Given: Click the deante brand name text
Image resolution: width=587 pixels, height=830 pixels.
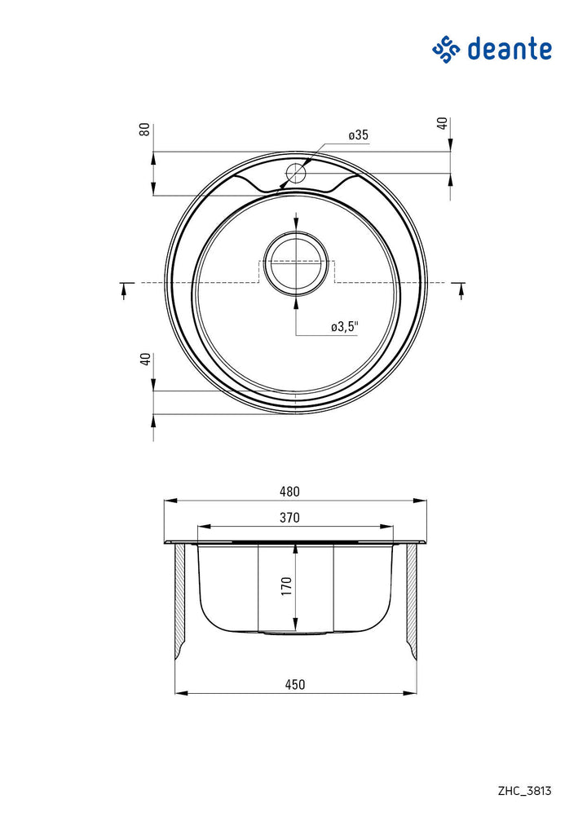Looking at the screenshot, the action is (x=510, y=49).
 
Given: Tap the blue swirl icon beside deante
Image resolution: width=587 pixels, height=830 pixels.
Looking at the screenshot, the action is (x=446, y=51).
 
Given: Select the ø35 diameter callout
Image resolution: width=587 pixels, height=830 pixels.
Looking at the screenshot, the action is (x=359, y=135).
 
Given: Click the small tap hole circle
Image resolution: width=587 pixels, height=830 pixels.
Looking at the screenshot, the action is (x=296, y=173).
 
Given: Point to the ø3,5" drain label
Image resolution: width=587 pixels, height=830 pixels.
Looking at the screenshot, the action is (x=345, y=327).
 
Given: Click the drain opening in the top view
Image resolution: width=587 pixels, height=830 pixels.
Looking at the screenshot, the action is (x=296, y=263).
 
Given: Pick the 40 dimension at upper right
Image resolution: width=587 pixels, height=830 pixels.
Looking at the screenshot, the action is (x=443, y=123).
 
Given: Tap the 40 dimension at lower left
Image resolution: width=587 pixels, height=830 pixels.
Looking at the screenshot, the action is (x=146, y=360).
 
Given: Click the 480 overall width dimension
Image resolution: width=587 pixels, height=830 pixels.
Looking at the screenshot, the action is (x=289, y=492).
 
